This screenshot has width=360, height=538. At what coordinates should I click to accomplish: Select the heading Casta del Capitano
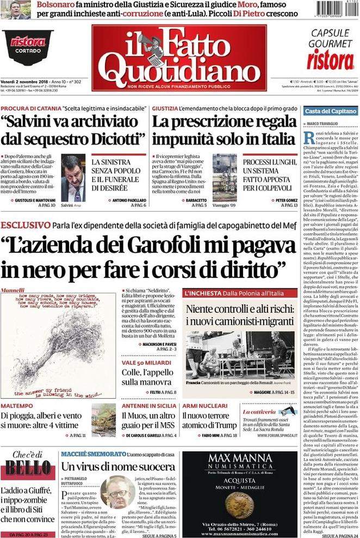pyautogui.click(x=330, y=112)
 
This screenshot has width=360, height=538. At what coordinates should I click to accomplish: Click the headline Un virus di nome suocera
pyautogui.click(x=118, y=466)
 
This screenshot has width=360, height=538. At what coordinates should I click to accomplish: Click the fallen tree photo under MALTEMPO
pyautogui.click(x=103, y=419)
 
